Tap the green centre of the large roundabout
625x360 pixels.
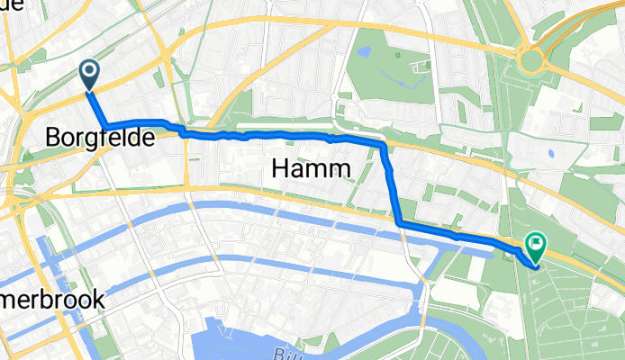(531, 61)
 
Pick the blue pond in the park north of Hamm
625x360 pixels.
(364, 52)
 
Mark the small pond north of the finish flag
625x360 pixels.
(550, 153)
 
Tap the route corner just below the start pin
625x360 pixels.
(104, 124)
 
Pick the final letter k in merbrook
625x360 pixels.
(98, 301)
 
